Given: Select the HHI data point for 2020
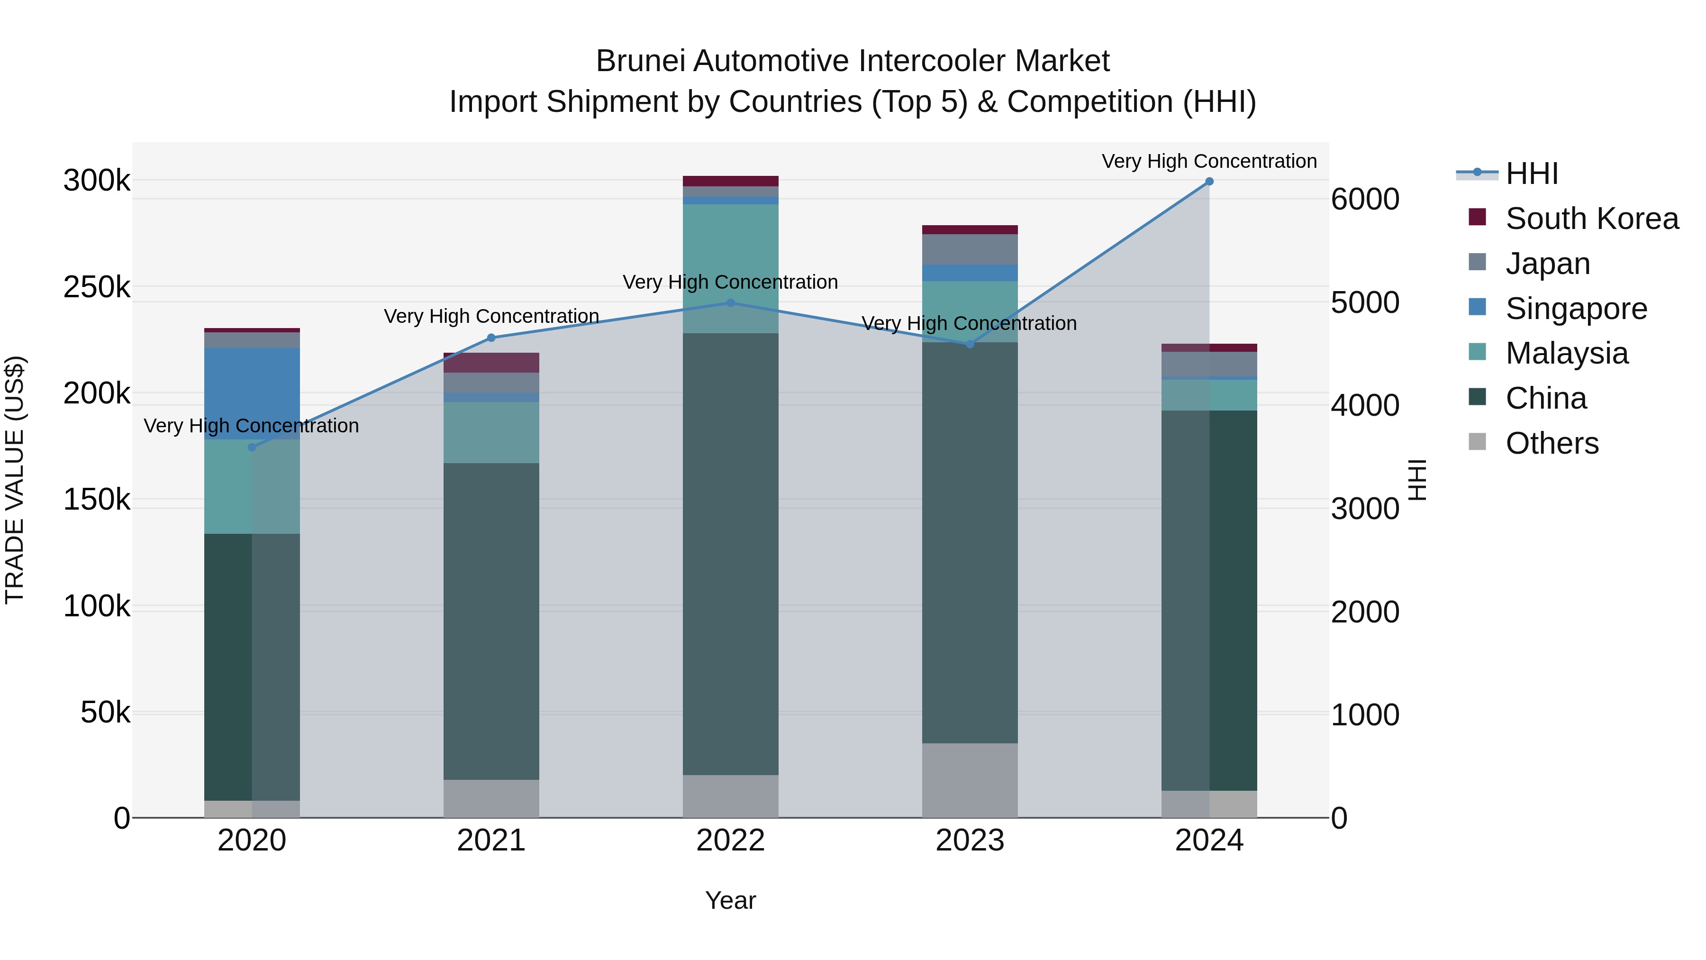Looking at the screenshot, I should click(252, 447).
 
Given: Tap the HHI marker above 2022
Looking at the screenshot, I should click(730, 303).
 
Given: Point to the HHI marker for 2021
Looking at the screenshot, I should click(491, 338).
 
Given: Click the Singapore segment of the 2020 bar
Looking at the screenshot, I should click(252, 393).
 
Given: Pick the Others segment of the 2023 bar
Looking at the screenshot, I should click(970, 780).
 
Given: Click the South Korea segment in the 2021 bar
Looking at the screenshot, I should click(491, 362).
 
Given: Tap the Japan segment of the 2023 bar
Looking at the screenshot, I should click(970, 249).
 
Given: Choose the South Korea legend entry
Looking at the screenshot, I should click(1591, 219).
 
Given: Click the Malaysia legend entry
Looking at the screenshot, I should click(1566, 353).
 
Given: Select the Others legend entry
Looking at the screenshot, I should click(1552, 443).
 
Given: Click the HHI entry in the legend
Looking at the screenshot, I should click(1531, 174).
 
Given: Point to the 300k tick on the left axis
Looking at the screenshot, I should click(97, 180).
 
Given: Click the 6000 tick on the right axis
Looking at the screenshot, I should click(1365, 200).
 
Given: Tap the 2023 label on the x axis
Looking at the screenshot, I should click(970, 841).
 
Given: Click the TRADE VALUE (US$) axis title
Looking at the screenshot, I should click(15, 480).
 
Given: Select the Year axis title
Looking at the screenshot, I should click(730, 900).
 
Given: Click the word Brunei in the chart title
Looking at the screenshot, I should click(640, 61).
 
